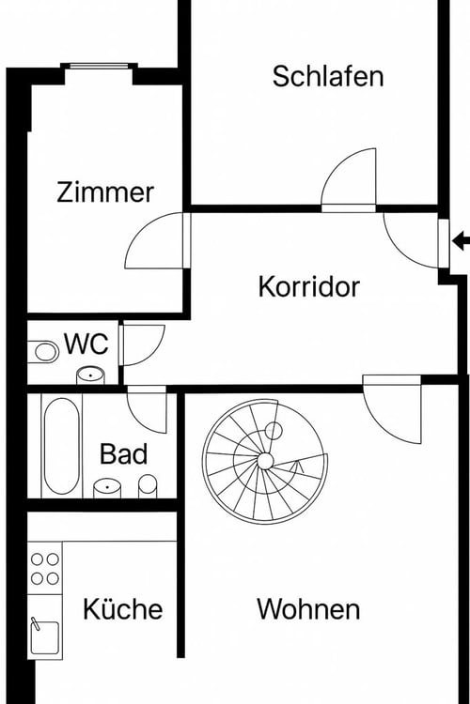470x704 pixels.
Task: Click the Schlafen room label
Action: pos(328,76)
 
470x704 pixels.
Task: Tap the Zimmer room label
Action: pos(105,192)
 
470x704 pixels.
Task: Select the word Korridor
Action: pos(308,286)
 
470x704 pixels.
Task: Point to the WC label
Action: pos(86,344)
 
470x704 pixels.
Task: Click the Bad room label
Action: pos(123,455)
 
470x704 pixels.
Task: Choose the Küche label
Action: pos(122,609)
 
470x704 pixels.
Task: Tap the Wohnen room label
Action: pos(308,609)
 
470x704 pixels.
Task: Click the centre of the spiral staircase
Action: pos(265,460)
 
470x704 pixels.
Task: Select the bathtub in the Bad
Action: pos(61,446)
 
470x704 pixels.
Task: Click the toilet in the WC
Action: pos(43,352)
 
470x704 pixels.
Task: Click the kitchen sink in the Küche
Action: pos(43,638)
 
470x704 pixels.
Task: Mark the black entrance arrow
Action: pos(461,241)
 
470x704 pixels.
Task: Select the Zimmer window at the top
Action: pos(99,66)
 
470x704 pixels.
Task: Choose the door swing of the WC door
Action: pos(141,343)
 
